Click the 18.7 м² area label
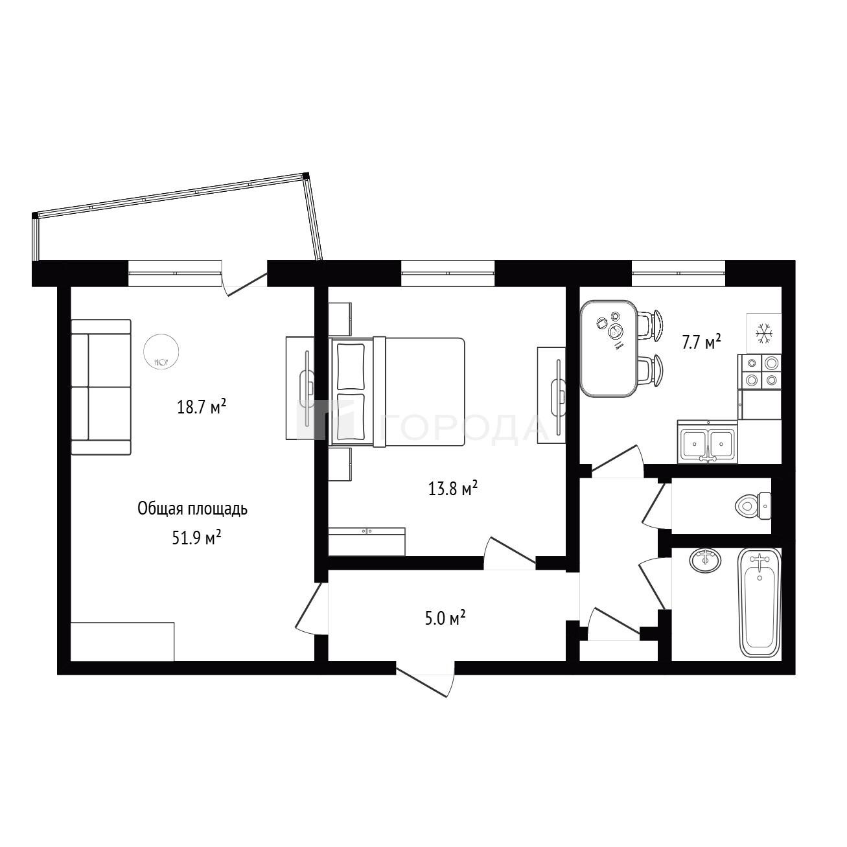[x=202, y=407]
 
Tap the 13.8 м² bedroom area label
[x=453, y=489]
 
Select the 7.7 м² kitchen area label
[x=701, y=342]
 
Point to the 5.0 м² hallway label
[x=445, y=619]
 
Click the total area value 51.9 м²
[x=196, y=538]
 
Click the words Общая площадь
[x=192, y=509]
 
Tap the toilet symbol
[x=752, y=506]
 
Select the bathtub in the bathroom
[x=760, y=603]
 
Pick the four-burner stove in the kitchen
[x=760, y=372]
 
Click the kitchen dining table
[x=609, y=349]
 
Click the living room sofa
[x=101, y=387]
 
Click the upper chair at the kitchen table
[x=651, y=325]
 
